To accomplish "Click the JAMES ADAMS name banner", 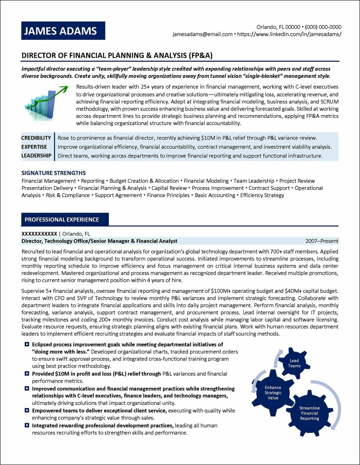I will [x=63, y=31].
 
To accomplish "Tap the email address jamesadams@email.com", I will [x=202, y=34].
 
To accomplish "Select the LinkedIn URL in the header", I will [x=289, y=34].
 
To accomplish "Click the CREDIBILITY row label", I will [x=36, y=138].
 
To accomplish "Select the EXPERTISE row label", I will [x=34, y=147].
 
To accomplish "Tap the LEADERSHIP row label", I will [x=36, y=156].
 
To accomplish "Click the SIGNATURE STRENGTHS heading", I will [x=54, y=173].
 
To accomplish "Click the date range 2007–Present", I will [x=322, y=241].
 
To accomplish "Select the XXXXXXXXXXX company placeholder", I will [x=39, y=234].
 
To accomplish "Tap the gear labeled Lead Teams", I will [x=294, y=363].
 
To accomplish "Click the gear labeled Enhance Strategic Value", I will [x=273, y=393].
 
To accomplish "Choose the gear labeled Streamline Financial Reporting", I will [x=310, y=413].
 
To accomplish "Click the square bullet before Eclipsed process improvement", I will [x=27, y=345].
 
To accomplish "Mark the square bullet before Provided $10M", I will [x=27, y=374].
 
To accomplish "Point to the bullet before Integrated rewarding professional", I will [x=27, y=425].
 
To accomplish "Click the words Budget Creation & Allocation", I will [x=144, y=181].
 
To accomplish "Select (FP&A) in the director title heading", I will [x=200, y=55].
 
